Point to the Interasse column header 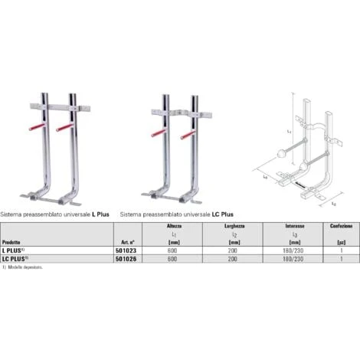296,227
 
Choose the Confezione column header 342,227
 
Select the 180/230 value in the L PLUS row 296,250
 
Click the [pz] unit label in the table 342,241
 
